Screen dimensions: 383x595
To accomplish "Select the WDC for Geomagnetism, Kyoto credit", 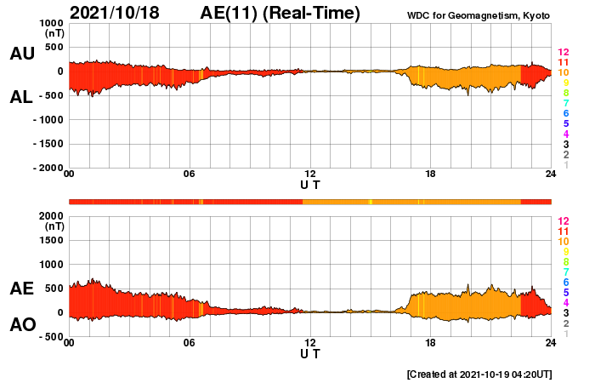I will coord(479,14).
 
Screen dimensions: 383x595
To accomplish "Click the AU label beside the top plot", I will coord(21,54).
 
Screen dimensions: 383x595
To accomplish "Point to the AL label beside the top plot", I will coord(21,97).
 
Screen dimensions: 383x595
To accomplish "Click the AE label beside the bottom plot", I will coord(21,289).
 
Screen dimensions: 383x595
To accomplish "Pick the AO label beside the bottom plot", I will coord(21,325).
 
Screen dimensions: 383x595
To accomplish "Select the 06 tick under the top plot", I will coord(190,174).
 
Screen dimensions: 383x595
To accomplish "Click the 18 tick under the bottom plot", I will coord(431,343).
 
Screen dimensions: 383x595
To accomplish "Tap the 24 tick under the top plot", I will coord(551,174).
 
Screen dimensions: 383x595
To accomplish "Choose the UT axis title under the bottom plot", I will coord(310,353).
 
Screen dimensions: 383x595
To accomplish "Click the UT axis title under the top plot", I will coord(310,184).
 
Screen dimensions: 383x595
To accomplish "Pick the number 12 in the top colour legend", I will coord(562,53).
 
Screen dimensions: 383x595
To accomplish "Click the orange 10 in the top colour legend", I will coord(562,73).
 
